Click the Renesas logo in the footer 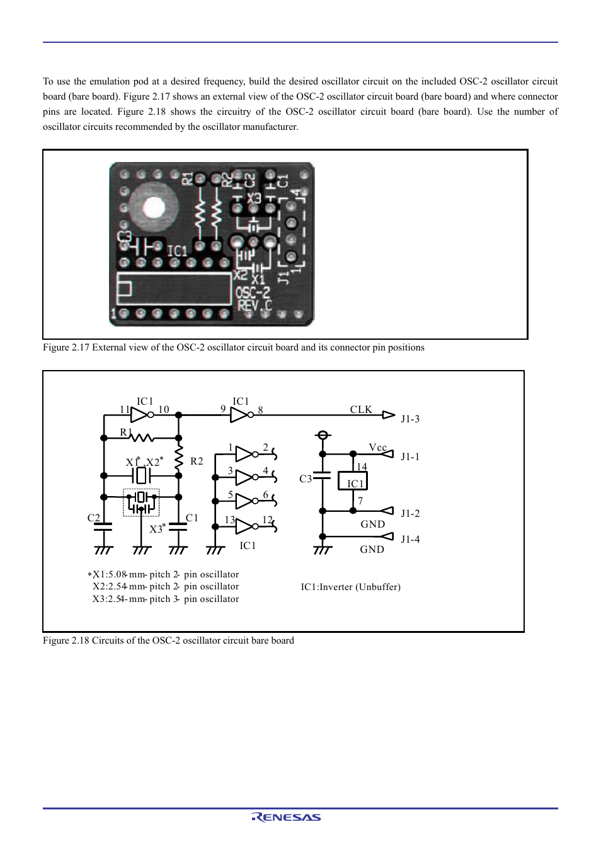[x=287, y=817]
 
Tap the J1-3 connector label [x=410, y=419]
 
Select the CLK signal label [x=361, y=410]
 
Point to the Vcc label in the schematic [x=377, y=448]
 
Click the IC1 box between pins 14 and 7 [x=353, y=482]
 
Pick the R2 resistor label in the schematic [x=197, y=461]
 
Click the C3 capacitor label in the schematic [x=306, y=479]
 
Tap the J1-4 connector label [x=410, y=540]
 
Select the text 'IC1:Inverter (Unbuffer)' [x=350, y=587]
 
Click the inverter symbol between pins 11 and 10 [x=140, y=415]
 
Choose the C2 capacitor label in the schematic [x=94, y=518]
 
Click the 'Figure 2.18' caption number [x=66, y=640]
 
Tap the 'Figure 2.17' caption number [x=66, y=347]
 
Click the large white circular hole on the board [x=154, y=207]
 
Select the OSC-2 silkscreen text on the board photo [x=253, y=293]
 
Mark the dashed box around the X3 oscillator [x=141, y=502]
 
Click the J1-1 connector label [x=410, y=457]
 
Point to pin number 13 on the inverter [x=230, y=520]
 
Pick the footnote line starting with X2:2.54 [x=166, y=587]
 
